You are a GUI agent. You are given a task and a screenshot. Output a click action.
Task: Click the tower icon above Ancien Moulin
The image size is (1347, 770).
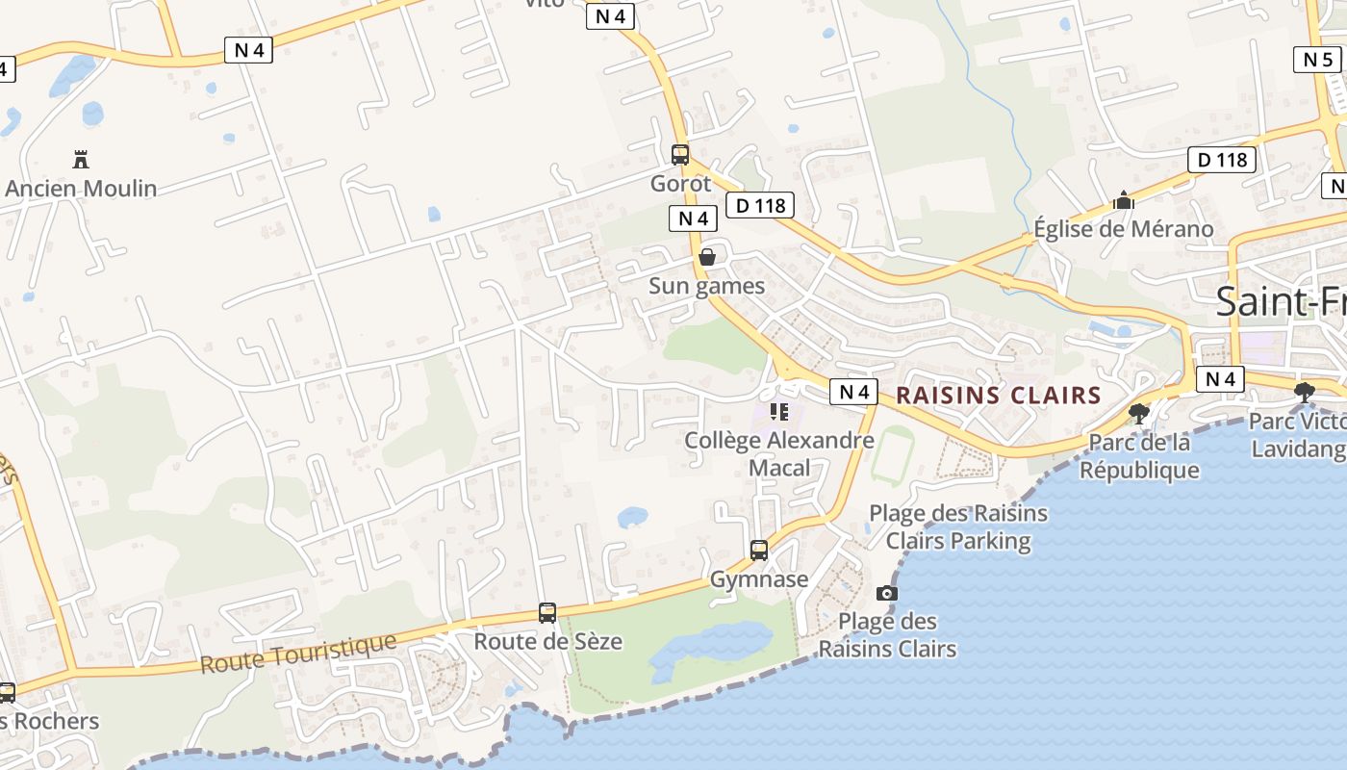coord(81,159)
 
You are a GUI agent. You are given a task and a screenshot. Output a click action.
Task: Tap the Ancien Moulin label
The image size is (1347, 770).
coord(81,188)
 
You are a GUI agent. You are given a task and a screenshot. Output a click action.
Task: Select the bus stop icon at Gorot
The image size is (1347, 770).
coord(680,154)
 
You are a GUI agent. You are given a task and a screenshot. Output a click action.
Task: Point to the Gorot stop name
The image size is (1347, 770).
coord(680,183)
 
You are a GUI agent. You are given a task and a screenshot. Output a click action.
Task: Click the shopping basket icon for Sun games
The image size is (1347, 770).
coord(707,257)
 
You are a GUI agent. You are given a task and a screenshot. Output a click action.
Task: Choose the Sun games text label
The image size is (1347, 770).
coord(706,286)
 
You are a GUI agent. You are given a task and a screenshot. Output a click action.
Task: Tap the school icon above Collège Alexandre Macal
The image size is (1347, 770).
coord(779,412)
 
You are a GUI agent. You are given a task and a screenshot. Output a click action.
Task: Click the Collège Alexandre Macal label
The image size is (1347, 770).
coord(779,454)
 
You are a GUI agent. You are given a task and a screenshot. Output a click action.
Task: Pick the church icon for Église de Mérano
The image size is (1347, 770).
coord(1123,201)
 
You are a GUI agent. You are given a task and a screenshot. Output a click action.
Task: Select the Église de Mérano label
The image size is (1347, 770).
coord(1123,229)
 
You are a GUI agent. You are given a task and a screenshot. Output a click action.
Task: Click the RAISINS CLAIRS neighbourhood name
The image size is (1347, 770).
coord(999,395)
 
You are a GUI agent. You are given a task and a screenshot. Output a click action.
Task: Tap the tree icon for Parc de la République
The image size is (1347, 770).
coord(1139,414)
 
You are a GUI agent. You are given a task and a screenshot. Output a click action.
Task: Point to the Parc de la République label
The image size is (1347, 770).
coord(1139,456)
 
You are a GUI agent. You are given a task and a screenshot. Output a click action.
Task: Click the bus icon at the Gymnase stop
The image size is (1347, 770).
coord(759,551)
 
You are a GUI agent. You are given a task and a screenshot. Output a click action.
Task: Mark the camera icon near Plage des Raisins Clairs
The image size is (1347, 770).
coord(887,593)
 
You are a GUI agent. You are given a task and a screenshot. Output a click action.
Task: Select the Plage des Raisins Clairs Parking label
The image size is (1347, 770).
coord(958,526)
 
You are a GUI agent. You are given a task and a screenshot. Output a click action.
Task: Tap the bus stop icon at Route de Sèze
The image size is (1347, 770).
coord(547,612)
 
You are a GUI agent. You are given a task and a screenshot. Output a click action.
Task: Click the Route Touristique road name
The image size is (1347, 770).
coord(298,654)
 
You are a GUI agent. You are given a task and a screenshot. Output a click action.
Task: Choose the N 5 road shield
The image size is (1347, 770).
coord(1316,60)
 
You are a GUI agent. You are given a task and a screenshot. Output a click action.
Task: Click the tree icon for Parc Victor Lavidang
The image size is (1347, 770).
coord(1305,392)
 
